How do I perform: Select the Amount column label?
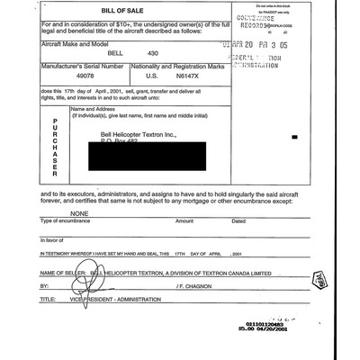coord(184,221)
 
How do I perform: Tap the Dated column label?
coord(238,221)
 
